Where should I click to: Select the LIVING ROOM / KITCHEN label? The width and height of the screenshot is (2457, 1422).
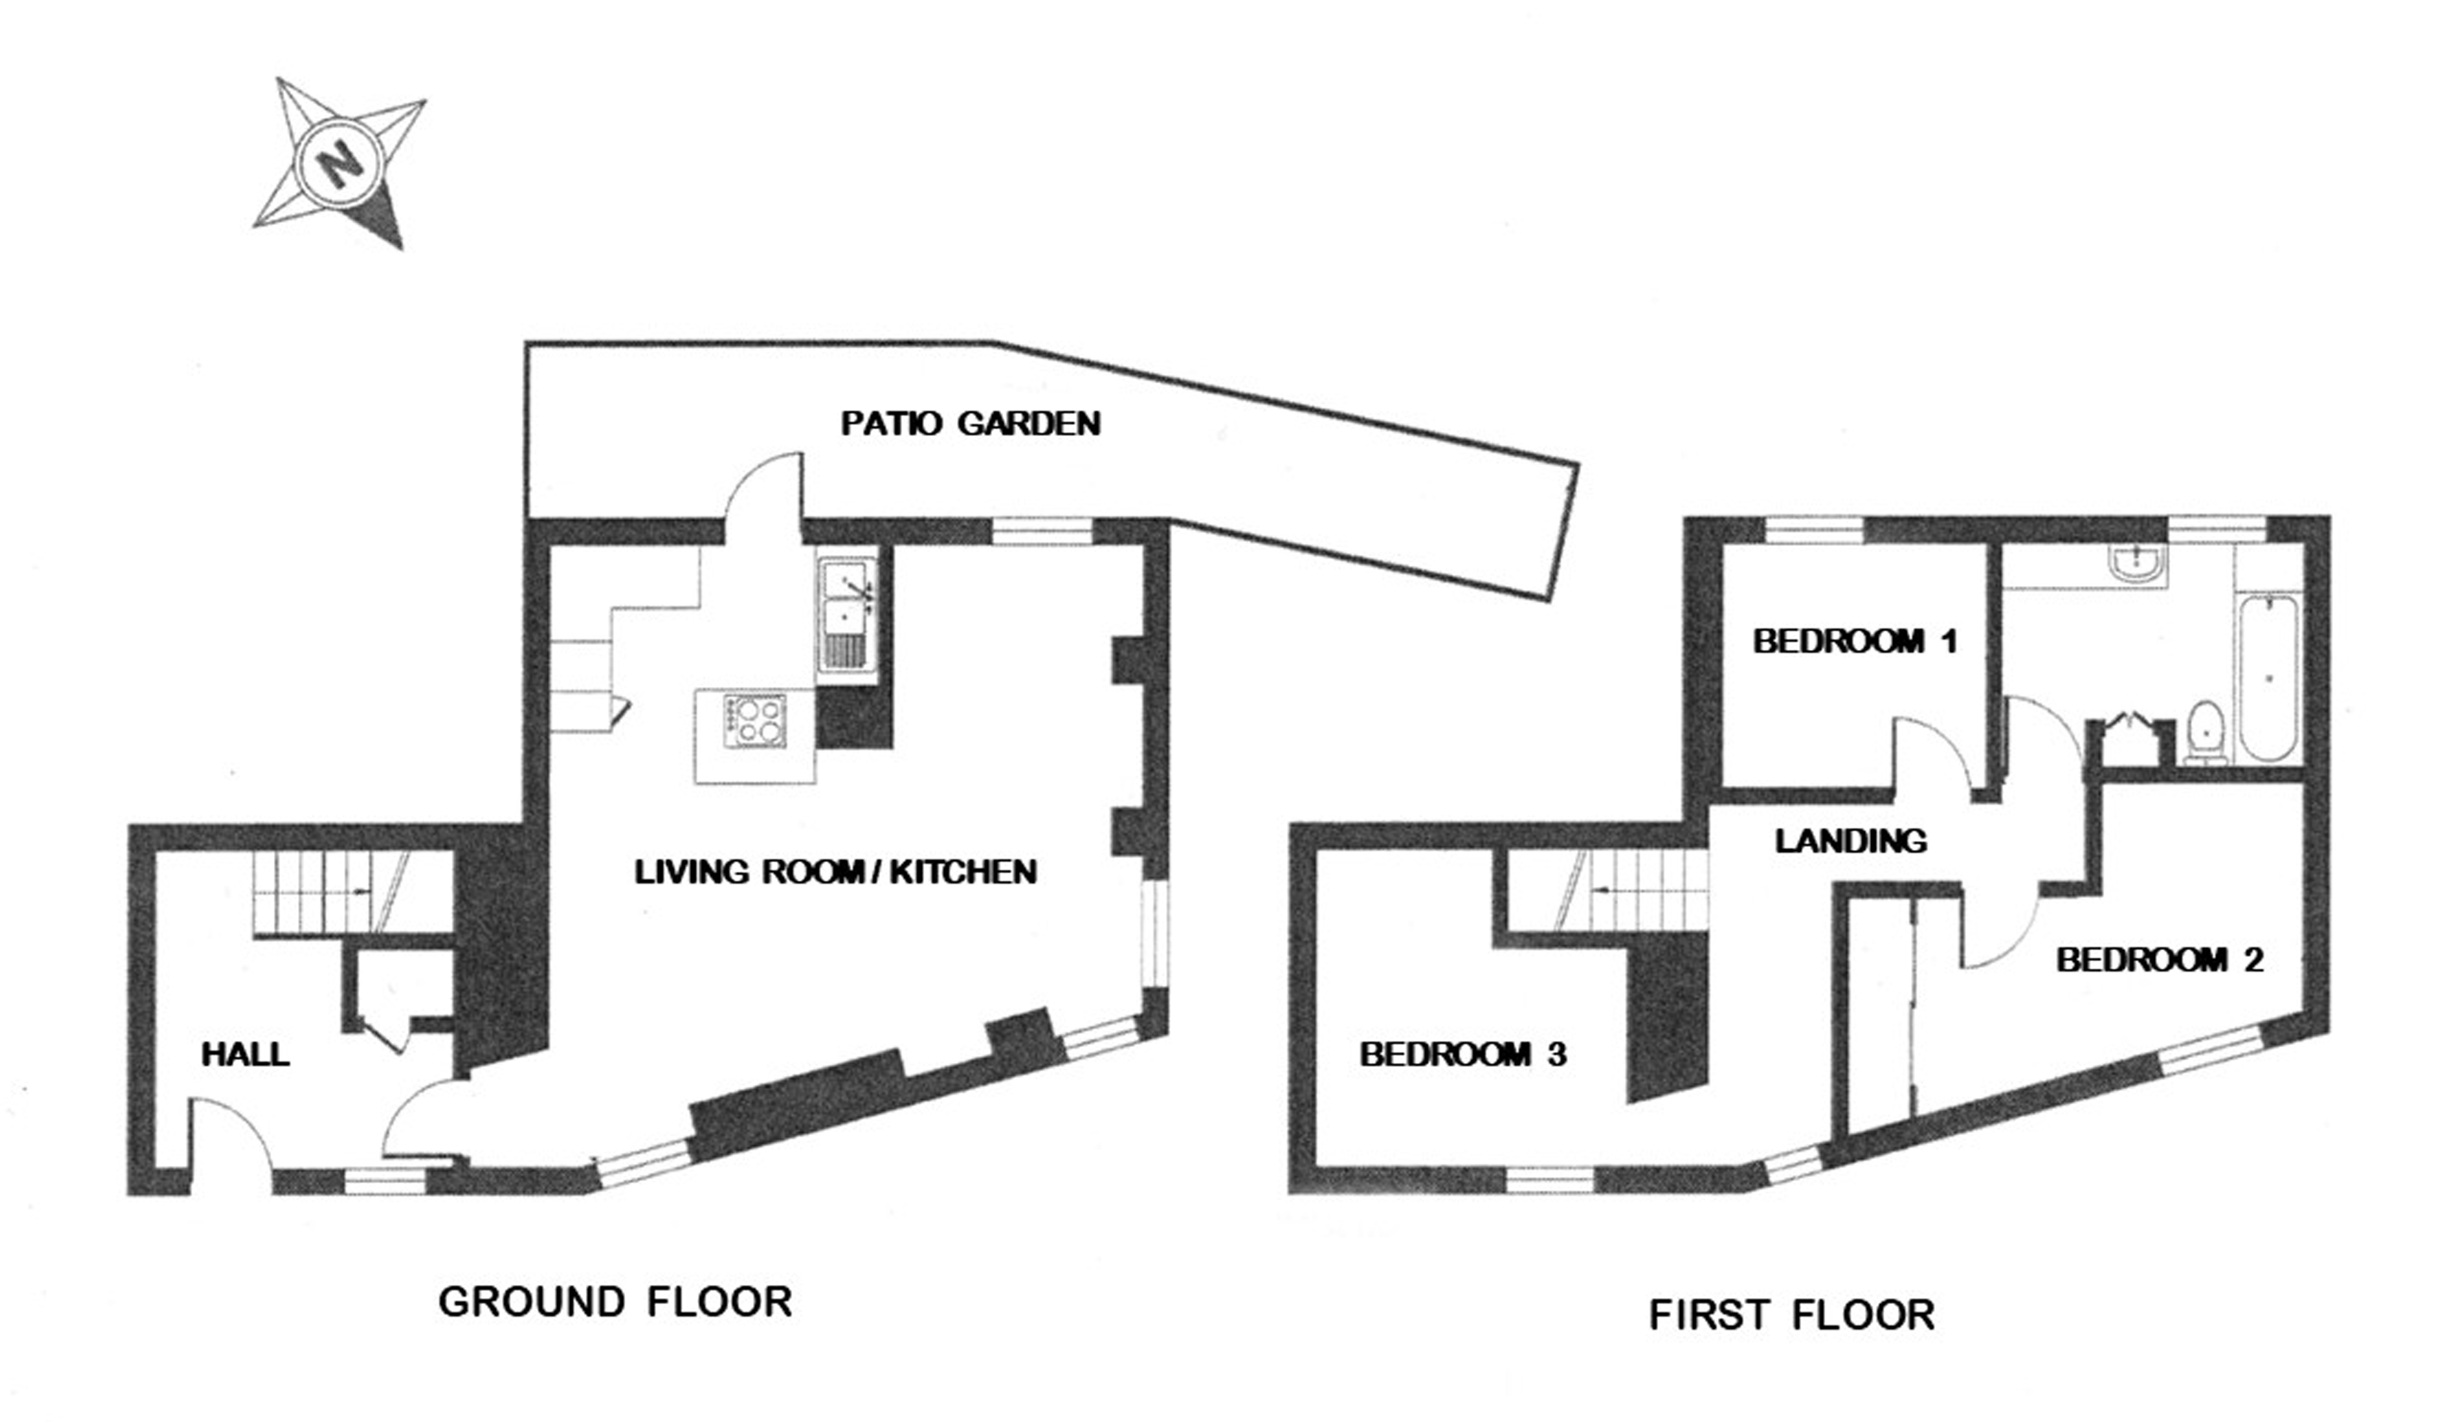[835, 871]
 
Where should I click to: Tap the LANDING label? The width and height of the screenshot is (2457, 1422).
[1850, 840]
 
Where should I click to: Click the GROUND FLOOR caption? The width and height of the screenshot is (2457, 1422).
[615, 1302]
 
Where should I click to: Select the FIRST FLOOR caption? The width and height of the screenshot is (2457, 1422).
[1791, 1315]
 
